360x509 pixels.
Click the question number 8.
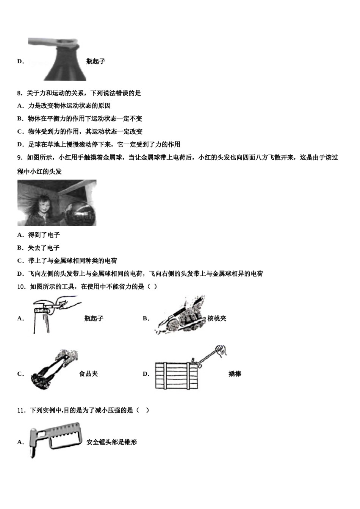20,93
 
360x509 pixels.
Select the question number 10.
21,287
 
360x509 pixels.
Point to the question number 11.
21,410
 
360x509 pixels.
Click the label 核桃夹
217,319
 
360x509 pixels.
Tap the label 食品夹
88,374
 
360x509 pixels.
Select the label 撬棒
235,374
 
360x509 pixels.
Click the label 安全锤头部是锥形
111,442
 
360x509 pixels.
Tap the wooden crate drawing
177,376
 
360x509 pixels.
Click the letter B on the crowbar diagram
193,360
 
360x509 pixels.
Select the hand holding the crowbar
221,350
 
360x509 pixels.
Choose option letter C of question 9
20,261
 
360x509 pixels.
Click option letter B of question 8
20,119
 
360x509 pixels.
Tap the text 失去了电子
44,248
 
